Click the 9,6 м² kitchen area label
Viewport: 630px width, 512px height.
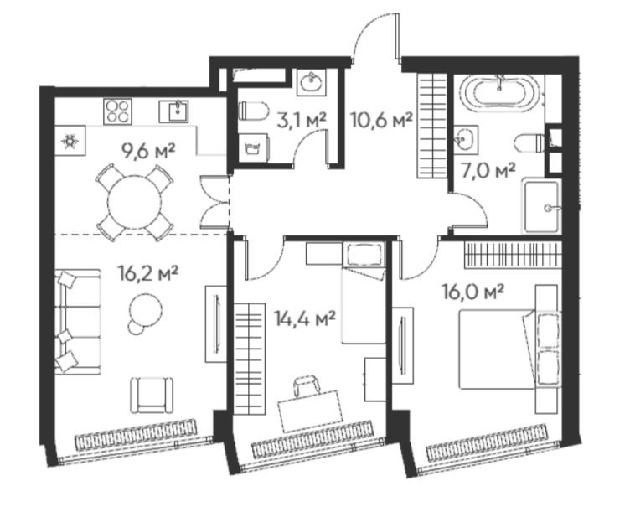[x=148, y=152]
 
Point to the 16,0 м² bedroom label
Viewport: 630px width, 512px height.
[x=472, y=292]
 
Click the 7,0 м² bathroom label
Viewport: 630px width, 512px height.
[x=488, y=171]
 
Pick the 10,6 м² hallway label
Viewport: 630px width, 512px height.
[x=382, y=119]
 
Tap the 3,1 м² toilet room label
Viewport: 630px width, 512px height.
[x=302, y=120]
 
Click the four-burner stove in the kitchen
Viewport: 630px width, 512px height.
[x=118, y=111]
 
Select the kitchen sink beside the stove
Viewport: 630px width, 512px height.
[x=173, y=111]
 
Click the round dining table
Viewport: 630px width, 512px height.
[x=135, y=203]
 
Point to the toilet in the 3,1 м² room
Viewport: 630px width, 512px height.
[x=253, y=111]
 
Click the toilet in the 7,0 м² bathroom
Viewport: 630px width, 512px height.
[x=529, y=143]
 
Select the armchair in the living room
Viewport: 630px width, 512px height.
[x=152, y=395]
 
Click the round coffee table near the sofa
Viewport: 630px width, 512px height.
[x=145, y=312]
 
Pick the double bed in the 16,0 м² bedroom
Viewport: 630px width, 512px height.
[x=509, y=349]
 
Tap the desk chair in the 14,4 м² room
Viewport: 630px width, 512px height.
[x=307, y=385]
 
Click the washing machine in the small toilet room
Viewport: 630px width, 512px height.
[x=253, y=147]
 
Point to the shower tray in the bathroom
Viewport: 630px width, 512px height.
[x=541, y=206]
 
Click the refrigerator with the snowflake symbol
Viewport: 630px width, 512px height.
[x=70, y=141]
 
